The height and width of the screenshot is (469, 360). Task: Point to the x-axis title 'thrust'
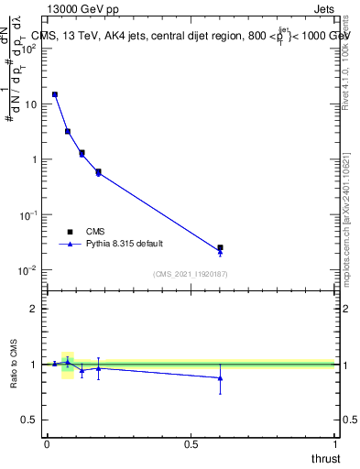(324, 458)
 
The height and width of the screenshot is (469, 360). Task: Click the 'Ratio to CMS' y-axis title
(15, 364)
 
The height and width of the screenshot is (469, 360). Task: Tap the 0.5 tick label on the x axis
(191, 443)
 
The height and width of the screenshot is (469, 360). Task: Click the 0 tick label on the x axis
(47, 443)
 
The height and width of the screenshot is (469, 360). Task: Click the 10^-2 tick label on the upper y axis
(28, 270)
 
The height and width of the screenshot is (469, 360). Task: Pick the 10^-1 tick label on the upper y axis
(28, 214)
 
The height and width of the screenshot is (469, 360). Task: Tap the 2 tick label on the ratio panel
(34, 309)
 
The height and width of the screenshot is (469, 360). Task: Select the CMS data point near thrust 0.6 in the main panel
(220, 247)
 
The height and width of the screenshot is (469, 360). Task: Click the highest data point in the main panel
(55, 94)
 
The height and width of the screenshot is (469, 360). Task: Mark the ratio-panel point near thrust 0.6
(220, 377)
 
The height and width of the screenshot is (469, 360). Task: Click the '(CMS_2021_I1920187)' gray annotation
(190, 273)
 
